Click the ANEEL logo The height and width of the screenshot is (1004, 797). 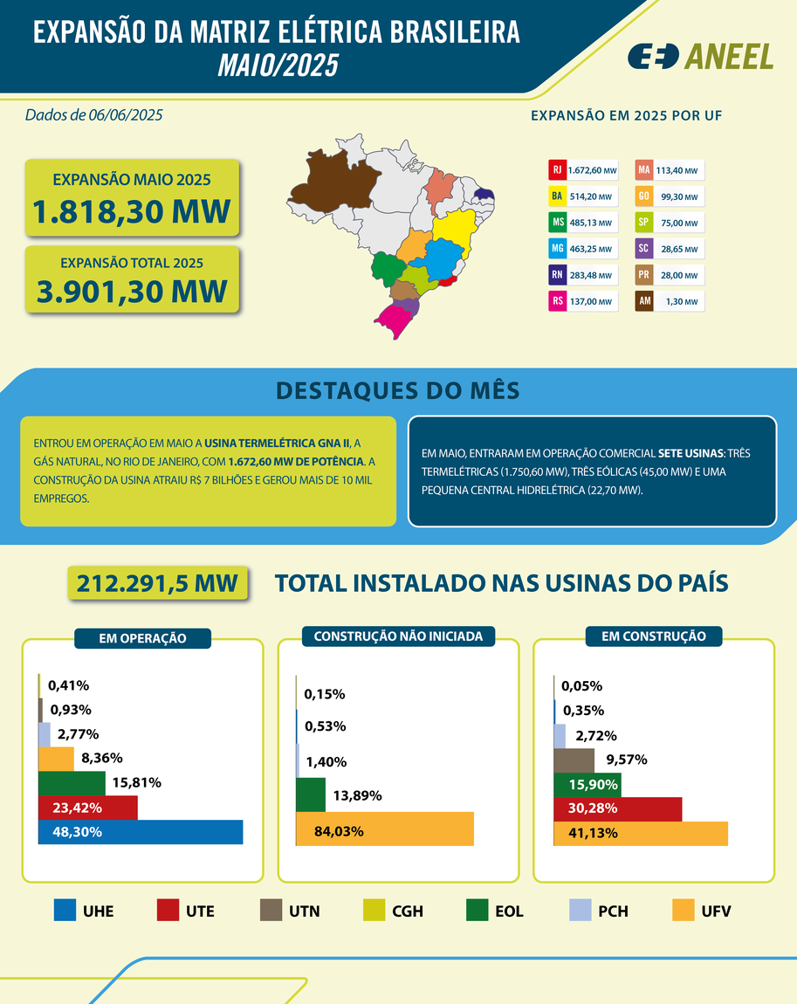pyautogui.click(x=700, y=56)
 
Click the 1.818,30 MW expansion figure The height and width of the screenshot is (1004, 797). pyautogui.click(x=132, y=211)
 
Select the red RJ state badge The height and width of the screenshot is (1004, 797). pyautogui.click(x=556, y=170)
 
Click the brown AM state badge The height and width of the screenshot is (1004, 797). pyautogui.click(x=643, y=302)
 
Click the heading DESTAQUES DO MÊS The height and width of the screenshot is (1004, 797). pyautogui.click(x=397, y=391)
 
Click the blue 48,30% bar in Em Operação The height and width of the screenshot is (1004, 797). pyautogui.click(x=141, y=832)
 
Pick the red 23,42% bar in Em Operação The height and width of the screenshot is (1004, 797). pyautogui.click(x=87, y=808)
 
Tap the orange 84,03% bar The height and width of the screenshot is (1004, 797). pyautogui.click(x=384, y=829)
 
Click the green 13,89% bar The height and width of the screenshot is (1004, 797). pyautogui.click(x=311, y=794)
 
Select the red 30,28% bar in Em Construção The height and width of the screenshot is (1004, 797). pyautogui.click(x=617, y=808)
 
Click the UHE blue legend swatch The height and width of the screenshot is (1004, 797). pyautogui.click(x=65, y=911)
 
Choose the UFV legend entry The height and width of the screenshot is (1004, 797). pyautogui.click(x=702, y=911)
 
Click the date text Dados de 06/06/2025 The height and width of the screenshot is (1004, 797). pyautogui.click(x=94, y=114)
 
